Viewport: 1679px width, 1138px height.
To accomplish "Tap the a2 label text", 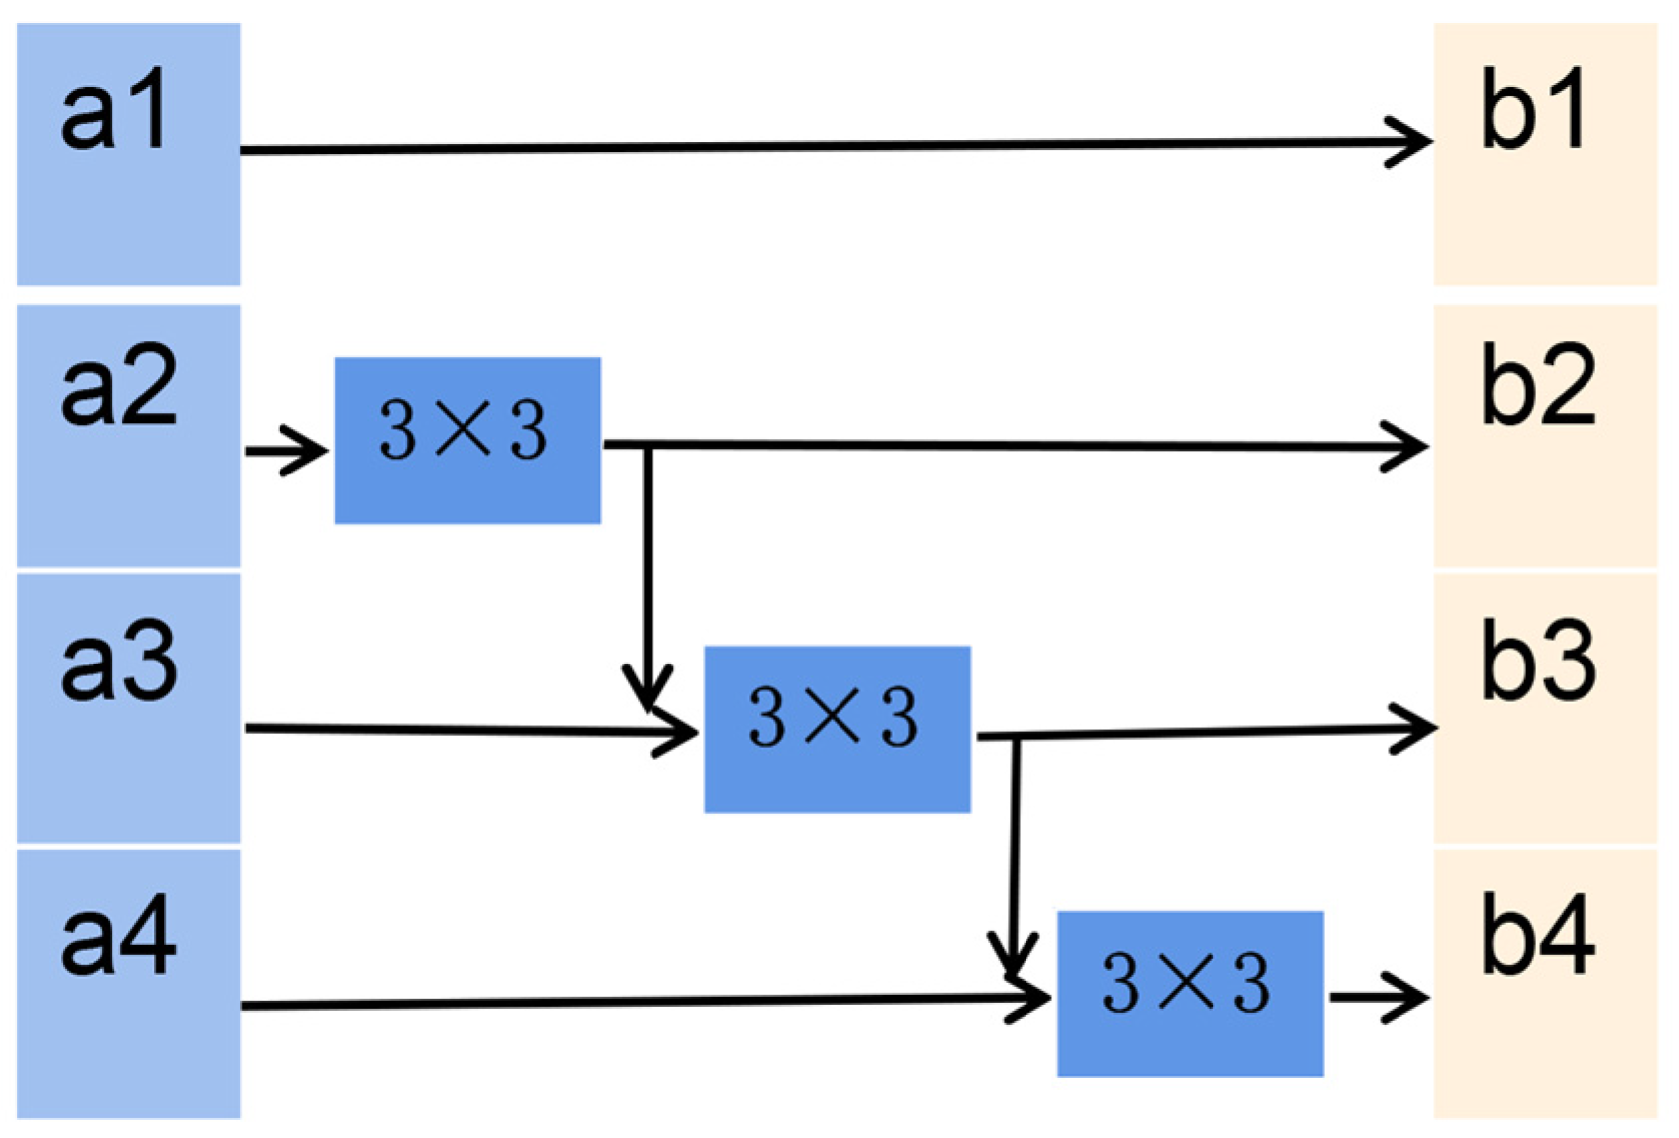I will tap(119, 388).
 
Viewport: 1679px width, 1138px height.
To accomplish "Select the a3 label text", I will tap(119, 664).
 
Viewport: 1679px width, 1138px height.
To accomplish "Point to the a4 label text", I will tap(119, 938).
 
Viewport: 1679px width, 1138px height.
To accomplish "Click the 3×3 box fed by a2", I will tap(467, 440).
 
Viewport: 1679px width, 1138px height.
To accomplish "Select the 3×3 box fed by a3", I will tap(838, 728).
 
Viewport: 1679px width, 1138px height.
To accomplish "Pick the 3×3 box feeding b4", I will tap(1190, 993).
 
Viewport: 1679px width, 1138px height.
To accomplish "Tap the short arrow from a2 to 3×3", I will tap(286, 451).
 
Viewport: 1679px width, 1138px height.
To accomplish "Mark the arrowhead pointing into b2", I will tap(1410, 446).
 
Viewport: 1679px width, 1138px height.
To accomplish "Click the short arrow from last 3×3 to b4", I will tap(1379, 996).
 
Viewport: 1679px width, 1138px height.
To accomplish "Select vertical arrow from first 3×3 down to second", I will tap(648, 577).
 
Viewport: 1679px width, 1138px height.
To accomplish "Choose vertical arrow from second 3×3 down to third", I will tap(1014, 855).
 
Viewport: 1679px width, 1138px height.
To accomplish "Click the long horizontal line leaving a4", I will tap(627, 1002).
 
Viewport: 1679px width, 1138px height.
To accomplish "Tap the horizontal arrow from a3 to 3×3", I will tap(467, 731).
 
